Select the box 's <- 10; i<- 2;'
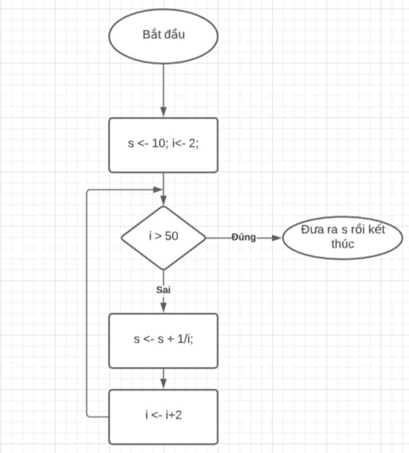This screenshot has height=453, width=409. pyautogui.click(x=163, y=145)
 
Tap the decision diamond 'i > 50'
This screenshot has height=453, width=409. pyautogui.click(x=163, y=237)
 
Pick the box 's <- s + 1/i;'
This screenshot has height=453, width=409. pyautogui.click(x=163, y=340)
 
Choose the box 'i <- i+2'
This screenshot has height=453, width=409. pyautogui.click(x=163, y=416)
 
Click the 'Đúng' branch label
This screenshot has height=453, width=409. pyautogui.click(x=244, y=237)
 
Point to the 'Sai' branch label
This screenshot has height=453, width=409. pyautogui.click(x=163, y=290)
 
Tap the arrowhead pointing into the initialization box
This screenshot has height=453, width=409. pyautogui.click(x=163, y=112)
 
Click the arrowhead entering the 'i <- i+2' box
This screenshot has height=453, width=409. pyautogui.click(x=163, y=384)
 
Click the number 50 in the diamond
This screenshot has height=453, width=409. pyautogui.click(x=171, y=236)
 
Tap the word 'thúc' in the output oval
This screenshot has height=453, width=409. pyautogui.click(x=342, y=244)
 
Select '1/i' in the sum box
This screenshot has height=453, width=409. pyautogui.click(x=185, y=339)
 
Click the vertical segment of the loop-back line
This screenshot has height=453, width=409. pyautogui.click(x=87, y=304)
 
